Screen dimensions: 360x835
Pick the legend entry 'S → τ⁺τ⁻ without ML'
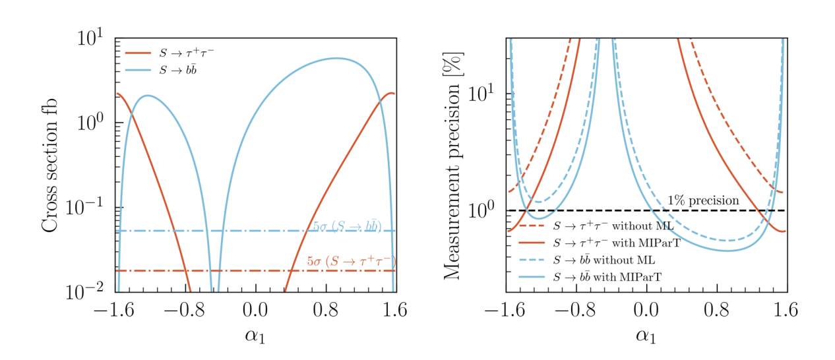[x=609, y=226]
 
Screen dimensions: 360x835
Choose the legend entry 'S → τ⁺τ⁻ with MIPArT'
[x=615, y=243]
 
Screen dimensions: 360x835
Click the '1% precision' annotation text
[x=703, y=200]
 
